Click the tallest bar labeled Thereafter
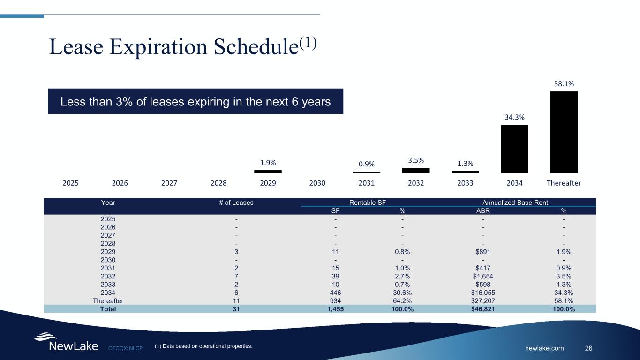pyautogui.click(x=564, y=132)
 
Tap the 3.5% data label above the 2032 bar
pyautogui.click(x=416, y=160)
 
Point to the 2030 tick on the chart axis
pyautogui.click(x=317, y=183)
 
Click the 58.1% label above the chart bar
pyautogui.click(x=564, y=83)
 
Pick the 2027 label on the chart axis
pyautogui.click(x=169, y=183)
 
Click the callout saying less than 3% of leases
pyautogui.click(x=196, y=101)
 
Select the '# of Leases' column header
pyautogui.click(x=236, y=202)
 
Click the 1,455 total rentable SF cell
pyautogui.click(x=335, y=309)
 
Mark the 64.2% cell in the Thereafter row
pyautogui.click(x=402, y=300)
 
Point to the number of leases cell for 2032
pyautogui.click(x=236, y=276)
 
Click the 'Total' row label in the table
pyautogui.click(x=108, y=309)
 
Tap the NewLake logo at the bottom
pyautogui.click(x=66, y=343)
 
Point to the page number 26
pyautogui.click(x=588, y=348)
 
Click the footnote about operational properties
pyautogui.click(x=203, y=346)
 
